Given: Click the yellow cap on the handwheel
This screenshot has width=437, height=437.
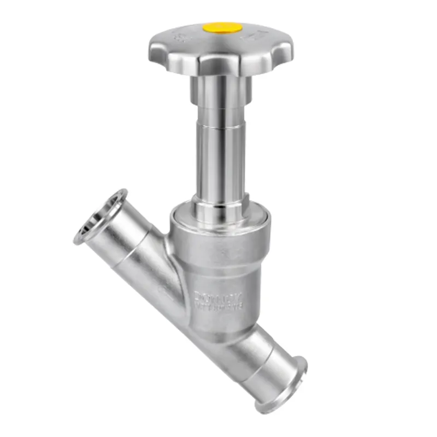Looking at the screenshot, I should (222, 27).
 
